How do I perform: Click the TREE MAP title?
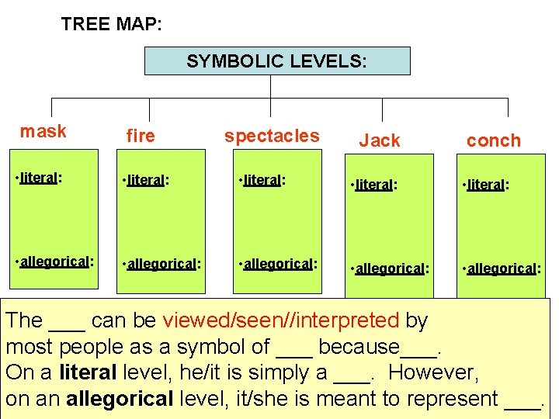[111, 24]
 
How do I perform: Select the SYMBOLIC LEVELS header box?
[277, 61]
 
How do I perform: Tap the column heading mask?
[43, 131]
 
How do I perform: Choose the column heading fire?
[141, 137]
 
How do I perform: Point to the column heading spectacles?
[272, 136]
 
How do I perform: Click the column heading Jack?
[380, 140]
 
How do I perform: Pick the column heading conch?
[493, 140]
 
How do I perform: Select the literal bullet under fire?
[146, 181]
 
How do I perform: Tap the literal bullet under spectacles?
[262, 181]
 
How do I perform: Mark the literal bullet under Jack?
[374, 185]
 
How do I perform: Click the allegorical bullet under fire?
[161, 264]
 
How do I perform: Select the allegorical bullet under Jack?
[390, 268]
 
